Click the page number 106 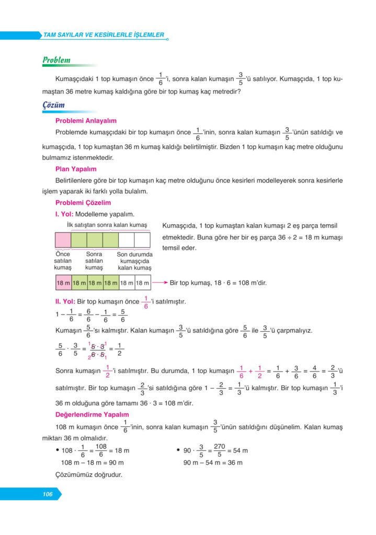pos(48,494)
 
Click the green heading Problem pos(56,60)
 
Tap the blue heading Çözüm pos(53,105)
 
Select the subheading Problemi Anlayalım pos(85,121)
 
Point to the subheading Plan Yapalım pos(76,169)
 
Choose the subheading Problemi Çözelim pos(83,203)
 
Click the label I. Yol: pos(64,214)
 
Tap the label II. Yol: pos(65,301)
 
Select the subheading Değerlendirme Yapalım pos(92,414)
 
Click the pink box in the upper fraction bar pos(63,240)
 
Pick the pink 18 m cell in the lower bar pos(63,283)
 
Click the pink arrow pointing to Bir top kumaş pos(159,283)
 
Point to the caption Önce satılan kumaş pos(62,261)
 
